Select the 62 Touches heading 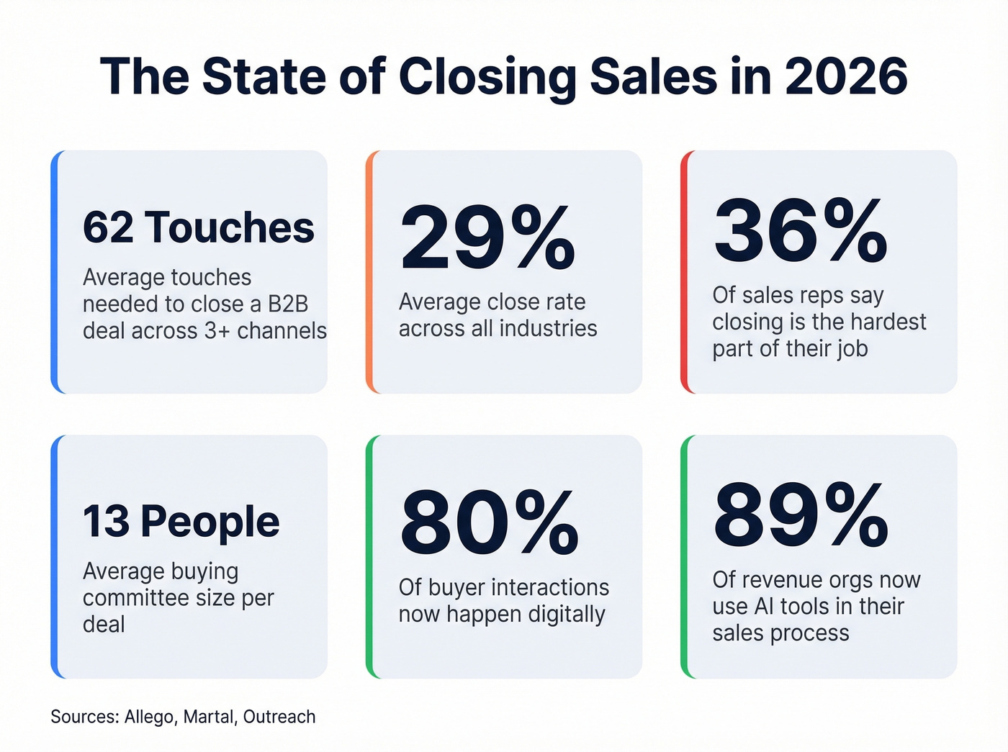[198, 227]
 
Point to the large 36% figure [800, 231]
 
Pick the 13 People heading [181, 521]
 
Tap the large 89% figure [801, 515]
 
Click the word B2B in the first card [288, 304]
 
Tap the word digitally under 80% [565, 615]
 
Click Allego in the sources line [149, 717]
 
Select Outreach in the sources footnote [279, 717]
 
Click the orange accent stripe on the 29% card [369, 272]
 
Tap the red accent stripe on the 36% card [684, 272]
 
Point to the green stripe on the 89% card [684, 556]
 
